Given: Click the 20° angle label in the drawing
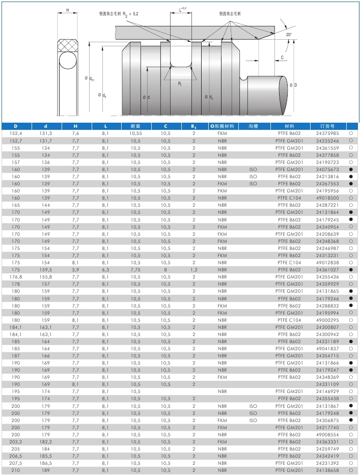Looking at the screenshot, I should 289,34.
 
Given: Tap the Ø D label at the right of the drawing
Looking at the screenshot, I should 293,85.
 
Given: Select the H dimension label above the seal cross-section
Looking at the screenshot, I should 68,10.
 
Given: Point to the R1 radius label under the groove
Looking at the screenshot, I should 180,84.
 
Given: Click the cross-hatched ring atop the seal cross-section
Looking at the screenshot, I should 68,45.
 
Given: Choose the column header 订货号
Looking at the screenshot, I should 327,126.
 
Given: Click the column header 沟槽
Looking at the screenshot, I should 253,126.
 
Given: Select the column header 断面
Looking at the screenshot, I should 135,126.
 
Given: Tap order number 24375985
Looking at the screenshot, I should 327,133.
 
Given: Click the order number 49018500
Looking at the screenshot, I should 327,198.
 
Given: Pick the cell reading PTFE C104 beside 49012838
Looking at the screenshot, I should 289,262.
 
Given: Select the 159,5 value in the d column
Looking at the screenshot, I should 46,269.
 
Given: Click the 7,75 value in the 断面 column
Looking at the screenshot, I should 135,269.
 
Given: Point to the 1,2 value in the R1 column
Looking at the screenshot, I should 194,269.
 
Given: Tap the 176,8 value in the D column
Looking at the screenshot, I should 16,276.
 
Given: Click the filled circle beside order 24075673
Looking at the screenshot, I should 351,169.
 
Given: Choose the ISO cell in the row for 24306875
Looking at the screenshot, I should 253,420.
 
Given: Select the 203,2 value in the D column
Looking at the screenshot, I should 16,442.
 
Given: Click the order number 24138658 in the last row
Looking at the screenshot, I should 327,470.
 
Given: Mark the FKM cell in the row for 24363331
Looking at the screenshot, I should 222,442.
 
